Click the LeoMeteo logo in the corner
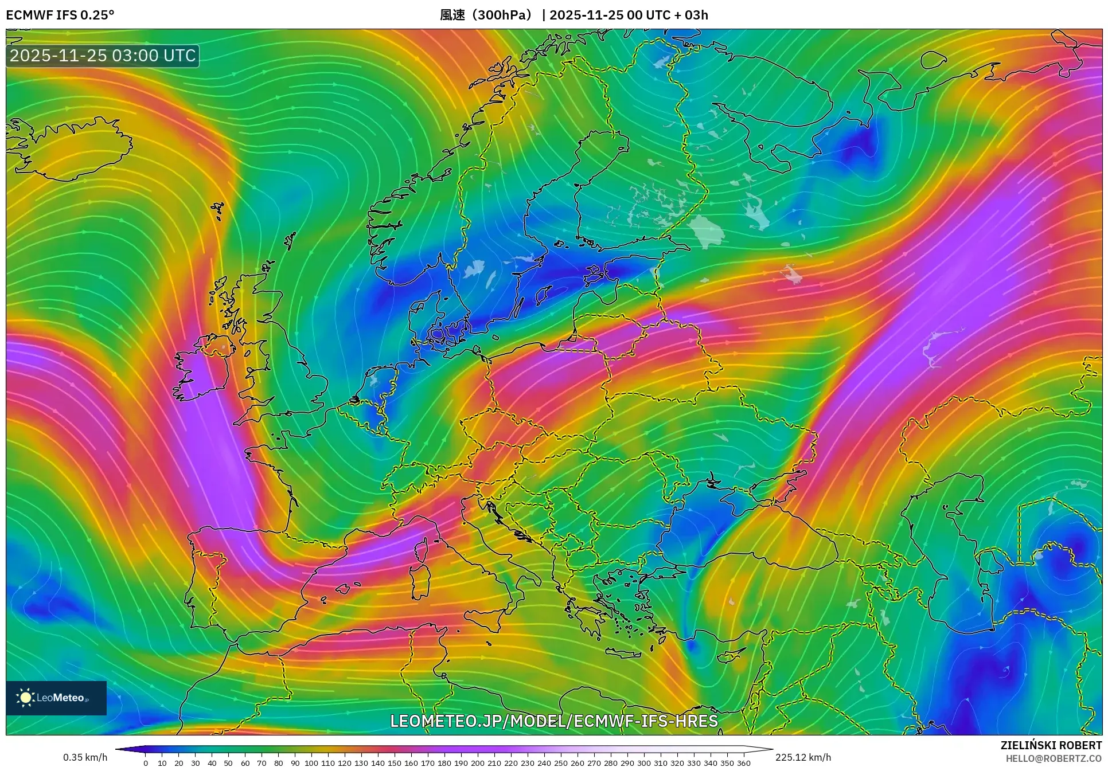(56, 698)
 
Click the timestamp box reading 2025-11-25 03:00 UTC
(103, 56)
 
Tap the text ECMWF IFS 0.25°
(60, 15)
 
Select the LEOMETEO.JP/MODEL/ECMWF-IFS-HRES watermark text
(554, 721)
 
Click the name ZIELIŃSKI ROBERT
(1051, 745)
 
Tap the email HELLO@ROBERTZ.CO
(1054, 758)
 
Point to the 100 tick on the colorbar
(311, 762)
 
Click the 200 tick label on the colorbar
(477, 762)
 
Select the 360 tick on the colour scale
(743, 762)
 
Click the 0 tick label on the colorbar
(146, 762)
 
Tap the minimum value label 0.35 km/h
(85, 757)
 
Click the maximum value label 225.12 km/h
(803, 757)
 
